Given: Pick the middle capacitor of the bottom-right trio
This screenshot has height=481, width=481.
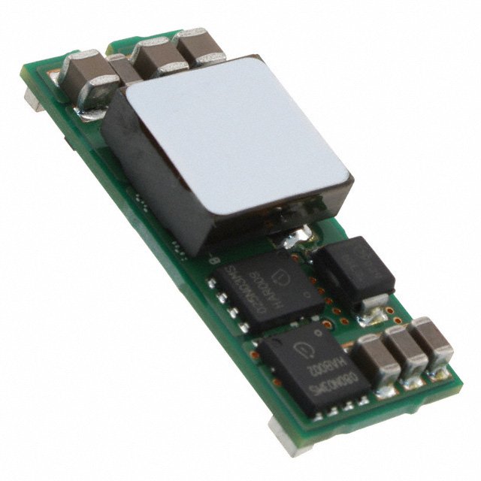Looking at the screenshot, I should click(x=406, y=349).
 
